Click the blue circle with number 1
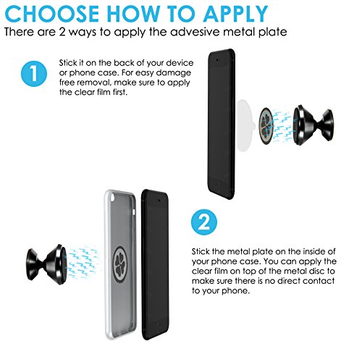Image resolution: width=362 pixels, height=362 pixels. tap(34, 73)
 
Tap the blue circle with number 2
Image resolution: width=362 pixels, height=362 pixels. tap(204, 222)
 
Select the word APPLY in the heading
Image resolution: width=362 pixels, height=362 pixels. tap(235, 14)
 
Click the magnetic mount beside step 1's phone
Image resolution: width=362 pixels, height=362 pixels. tap(313, 125)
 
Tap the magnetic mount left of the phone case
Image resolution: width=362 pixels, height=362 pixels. tap(46, 264)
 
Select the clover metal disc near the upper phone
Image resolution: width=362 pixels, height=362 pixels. tap(266, 126)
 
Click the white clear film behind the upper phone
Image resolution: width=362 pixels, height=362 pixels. tap(244, 126)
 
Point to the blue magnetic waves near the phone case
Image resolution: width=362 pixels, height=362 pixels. tap(83, 262)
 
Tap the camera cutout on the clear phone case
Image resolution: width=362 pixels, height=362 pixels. tap(113, 198)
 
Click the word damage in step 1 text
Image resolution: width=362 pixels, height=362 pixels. tap(174, 72)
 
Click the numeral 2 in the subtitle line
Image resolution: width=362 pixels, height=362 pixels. tap(62, 32)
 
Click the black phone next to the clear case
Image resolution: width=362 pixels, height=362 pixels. tap(155, 264)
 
